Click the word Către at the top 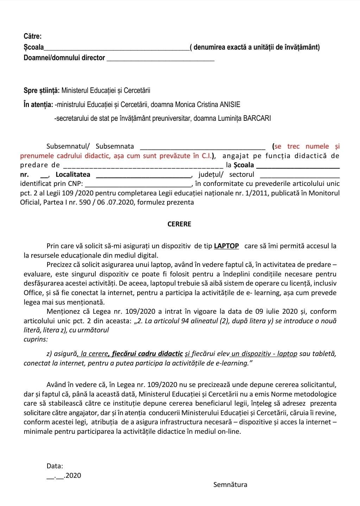click(x=32, y=36)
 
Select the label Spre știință click(x=42, y=90)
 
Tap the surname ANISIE click(x=230, y=105)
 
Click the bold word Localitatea click(x=73, y=174)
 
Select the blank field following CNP click(x=138, y=184)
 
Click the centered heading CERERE click(x=179, y=224)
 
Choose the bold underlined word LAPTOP click(x=226, y=246)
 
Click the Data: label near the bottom click(x=55, y=466)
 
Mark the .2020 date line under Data click(x=64, y=476)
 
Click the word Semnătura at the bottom click(x=230, y=485)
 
